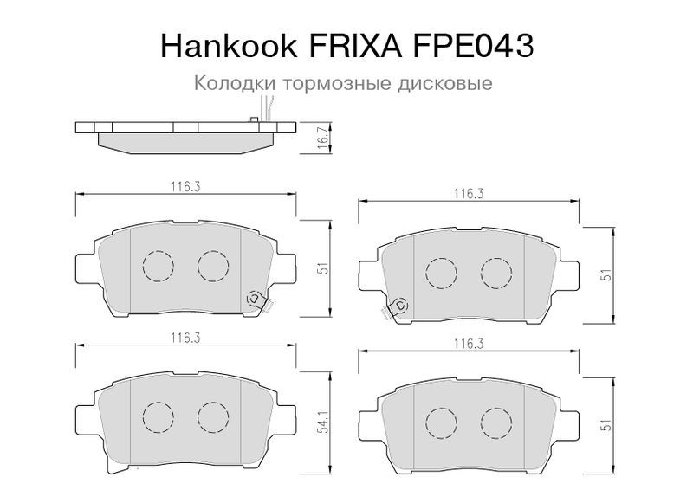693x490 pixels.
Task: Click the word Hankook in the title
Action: [229, 46]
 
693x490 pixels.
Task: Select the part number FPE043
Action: [473, 46]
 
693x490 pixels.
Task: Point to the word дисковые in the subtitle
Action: [444, 83]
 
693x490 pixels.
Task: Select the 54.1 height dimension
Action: [324, 422]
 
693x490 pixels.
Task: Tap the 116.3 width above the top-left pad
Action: [185, 187]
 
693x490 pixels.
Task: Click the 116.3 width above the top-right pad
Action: [469, 193]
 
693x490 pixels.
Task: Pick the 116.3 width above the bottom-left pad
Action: [185, 338]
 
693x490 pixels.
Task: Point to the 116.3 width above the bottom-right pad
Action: [469, 344]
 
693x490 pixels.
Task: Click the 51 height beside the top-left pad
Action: [324, 268]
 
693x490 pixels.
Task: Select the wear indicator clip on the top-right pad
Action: [396, 307]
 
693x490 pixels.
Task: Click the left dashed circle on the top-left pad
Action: [159, 266]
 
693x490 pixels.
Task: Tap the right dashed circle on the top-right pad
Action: [496, 273]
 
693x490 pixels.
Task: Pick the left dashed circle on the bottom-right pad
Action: [441, 423]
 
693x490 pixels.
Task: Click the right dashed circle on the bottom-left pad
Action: [213, 417]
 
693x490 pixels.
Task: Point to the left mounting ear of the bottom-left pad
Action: [86, 417]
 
